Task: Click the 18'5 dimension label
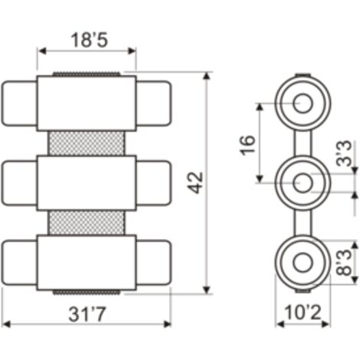point(89,40)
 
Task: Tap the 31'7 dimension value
point(87,314)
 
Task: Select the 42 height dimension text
point(195,183)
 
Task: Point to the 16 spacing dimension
point(247,145)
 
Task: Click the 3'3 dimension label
point(344,154)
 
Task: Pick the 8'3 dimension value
point(344,263)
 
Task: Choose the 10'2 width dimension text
point(303,313)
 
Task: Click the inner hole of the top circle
point(303,103)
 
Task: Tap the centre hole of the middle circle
point(303,183)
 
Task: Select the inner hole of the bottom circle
point(303,263)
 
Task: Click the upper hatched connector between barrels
point(87,143)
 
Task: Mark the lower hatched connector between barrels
point(87,223)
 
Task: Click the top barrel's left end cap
point(19,103)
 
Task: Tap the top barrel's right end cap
point(153,103)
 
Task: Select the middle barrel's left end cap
point(19,183)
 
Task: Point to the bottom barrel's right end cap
point(153,262)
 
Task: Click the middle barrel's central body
point(87,183)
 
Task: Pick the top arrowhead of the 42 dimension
point(207,76)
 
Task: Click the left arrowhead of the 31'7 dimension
point(5,325)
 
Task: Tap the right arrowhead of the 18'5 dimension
point(132,51)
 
